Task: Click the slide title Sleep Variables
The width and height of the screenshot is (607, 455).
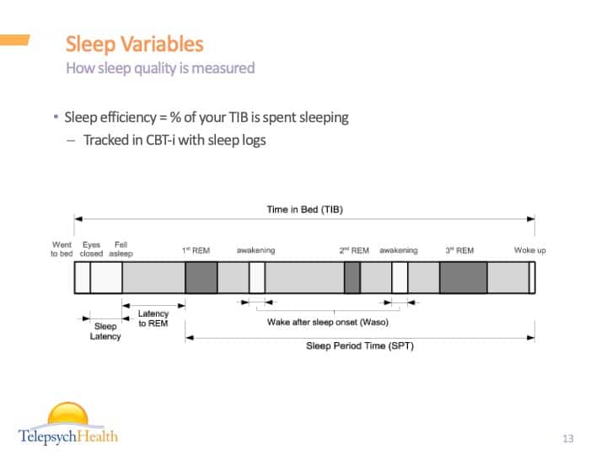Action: click(x=134, y=44)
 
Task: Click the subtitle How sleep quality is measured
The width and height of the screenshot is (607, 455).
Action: click(x=160, y=67)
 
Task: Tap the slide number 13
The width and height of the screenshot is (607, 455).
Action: click(x=567, y=438)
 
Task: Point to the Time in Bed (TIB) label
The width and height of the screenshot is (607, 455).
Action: click(x=304, y=209)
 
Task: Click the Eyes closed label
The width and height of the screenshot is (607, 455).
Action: click(x=91, y=249)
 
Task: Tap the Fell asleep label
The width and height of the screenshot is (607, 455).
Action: click(x=121, y=249)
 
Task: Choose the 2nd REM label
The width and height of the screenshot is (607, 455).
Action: click(x=354, y=250)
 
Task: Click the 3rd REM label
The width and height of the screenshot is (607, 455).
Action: click(x=459, y=250)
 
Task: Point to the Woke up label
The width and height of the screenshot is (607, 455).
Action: click(x=530, y=250)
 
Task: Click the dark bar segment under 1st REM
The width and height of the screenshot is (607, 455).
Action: click(x=201, y=278)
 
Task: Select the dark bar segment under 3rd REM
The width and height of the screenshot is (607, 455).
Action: click(x=463, y=278)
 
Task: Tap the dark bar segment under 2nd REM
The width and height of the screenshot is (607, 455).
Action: click(x=352, y=278)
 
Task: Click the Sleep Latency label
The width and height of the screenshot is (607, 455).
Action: click(x=105, y=331)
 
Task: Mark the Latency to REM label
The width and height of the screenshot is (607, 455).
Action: click(x=153, y=318)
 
